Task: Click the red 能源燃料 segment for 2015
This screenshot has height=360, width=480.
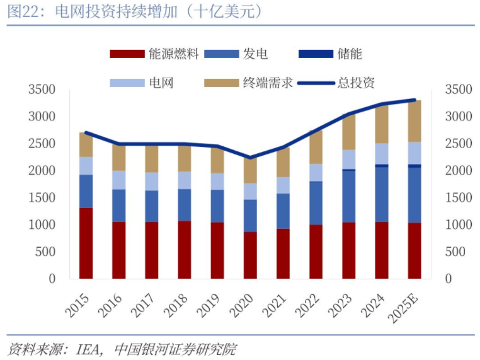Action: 86,243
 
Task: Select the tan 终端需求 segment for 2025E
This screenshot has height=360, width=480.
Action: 414,121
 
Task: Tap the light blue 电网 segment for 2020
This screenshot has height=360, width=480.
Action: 250,191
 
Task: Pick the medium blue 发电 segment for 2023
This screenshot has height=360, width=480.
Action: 348,196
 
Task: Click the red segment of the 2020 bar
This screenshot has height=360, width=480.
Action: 250,255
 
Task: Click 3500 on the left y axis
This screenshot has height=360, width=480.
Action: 42,90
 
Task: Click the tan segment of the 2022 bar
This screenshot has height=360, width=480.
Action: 316,147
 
